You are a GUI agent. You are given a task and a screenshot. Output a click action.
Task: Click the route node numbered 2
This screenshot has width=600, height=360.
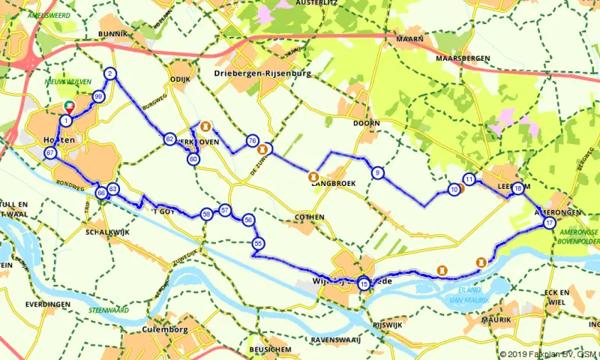pos(110,73)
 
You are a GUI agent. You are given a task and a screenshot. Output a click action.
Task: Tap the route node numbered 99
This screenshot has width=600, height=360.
pos(98,97)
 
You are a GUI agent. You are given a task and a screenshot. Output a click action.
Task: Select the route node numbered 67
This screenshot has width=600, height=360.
pos(50,153)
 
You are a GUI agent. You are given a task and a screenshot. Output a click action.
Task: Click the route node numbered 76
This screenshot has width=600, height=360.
pos(252,141)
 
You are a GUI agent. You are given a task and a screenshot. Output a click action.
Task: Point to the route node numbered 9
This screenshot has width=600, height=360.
pos(377,173)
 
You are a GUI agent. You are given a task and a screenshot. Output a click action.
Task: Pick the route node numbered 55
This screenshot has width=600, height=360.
pos(258,244)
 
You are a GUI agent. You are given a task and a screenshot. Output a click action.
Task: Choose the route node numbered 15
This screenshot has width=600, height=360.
pos(364,283)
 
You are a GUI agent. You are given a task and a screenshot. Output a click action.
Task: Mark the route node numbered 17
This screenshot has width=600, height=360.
pos(550,223)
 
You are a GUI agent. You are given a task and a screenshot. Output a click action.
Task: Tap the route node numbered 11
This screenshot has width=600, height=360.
pos(469,179)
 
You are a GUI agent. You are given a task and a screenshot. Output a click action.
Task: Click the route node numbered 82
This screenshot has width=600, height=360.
pos(169,140)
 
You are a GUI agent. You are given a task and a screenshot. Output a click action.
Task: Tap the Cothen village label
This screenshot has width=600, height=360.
pos(308,217)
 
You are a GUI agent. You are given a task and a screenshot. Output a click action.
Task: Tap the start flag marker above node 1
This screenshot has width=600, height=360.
pos(69,107)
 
